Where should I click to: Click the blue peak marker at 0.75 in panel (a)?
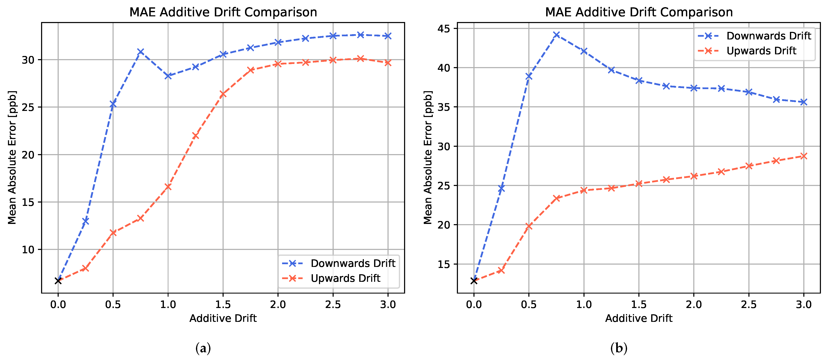click(140, 52)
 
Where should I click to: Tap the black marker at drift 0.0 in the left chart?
click(58, 281)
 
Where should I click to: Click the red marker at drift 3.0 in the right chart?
click(804, 156)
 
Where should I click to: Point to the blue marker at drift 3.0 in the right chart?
click(804, 102)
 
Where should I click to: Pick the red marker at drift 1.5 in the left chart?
click(223, 94)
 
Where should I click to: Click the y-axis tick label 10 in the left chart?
click(28, 250)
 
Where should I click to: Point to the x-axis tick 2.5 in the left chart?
click(333, 304)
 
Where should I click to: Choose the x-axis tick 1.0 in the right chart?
click(584, 304)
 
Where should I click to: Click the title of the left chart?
click(223, 12)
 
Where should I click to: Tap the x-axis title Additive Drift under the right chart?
click(639, 318)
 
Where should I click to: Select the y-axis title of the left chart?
click(12, 157)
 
